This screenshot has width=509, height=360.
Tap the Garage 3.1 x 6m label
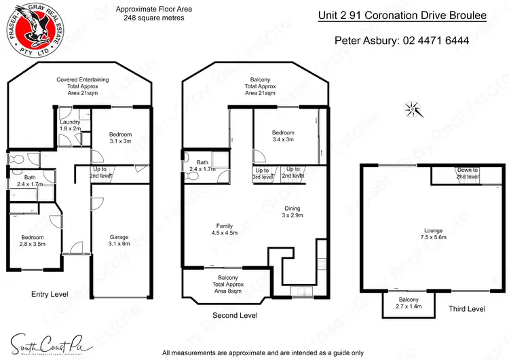pos(119,240)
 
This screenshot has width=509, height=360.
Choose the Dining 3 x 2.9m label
pos(293,212)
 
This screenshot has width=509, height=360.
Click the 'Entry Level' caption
pos(50,294)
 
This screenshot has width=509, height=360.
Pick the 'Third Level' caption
pos(467,309)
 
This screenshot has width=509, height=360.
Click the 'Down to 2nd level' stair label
pos(468,173)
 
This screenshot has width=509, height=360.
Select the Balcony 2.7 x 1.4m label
pos(409,303)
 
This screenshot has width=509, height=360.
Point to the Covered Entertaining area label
pos(83,86)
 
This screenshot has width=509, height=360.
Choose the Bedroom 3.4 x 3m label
pos(283,137)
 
